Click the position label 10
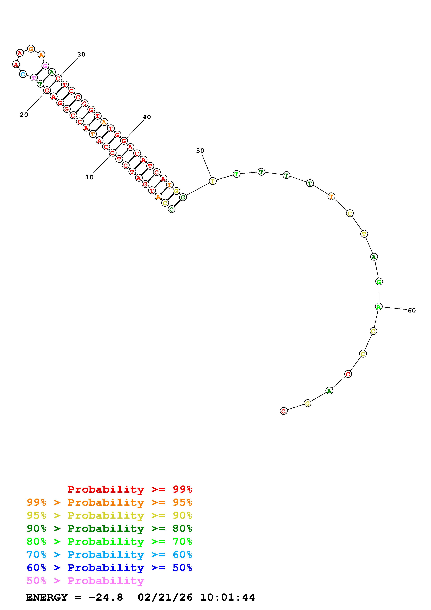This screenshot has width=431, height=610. (90, 177)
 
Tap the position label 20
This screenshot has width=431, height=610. (24, 115)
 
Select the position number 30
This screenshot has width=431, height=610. (81, 54)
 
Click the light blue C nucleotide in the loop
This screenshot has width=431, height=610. (23, 74)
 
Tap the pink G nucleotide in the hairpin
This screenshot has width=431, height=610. (45, 66)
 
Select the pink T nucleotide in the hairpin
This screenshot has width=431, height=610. (34, 78)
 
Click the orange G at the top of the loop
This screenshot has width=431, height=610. (31, 49)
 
